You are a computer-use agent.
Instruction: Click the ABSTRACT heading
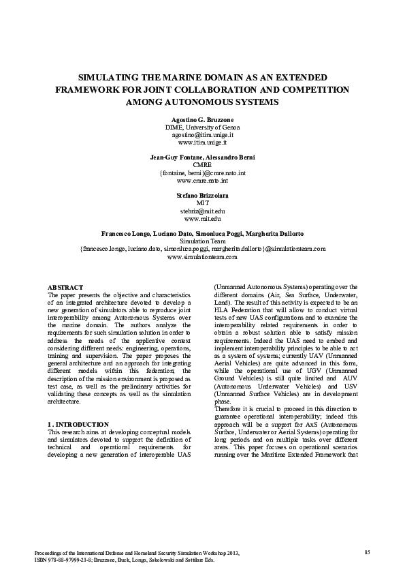[66, 288]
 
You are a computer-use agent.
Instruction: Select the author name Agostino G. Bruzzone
[202, 119]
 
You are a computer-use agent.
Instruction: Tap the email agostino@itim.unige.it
[202, 135]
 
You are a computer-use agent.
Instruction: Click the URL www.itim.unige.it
[202, 142]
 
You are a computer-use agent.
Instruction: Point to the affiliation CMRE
[202, 165]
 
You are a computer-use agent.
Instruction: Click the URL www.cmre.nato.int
[202, 181]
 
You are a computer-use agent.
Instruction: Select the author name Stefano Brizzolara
[202, 195]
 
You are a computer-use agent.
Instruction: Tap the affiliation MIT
[202, 203]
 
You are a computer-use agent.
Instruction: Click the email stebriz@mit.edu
[202, 211]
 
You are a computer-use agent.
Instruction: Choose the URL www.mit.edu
[202, 219]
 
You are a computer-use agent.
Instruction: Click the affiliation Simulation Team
[202, 241]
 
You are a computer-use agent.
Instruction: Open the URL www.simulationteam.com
[202, 257]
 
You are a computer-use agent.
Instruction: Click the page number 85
[367, 551]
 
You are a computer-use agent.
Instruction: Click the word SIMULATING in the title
[110, 78]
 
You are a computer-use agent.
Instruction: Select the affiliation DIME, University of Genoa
[202, 127]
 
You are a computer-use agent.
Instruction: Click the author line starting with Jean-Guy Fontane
[202, 157]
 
